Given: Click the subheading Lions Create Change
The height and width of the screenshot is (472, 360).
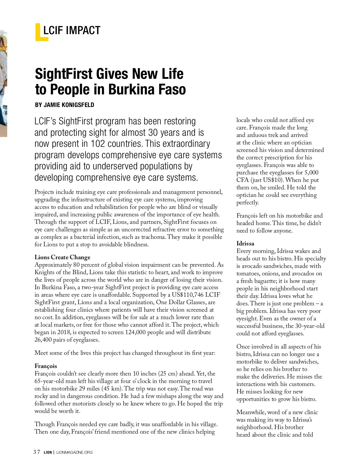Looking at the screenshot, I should pyautogui.click(x=62, y=257).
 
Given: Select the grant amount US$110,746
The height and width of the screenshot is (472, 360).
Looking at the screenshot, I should pyautogui.click(x=188, y=295).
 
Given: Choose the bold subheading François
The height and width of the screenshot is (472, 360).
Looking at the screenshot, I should pyautogui.click(x=46, y=366).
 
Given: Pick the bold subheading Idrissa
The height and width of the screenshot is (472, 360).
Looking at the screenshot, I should pyautogui.click(x=245, y=244).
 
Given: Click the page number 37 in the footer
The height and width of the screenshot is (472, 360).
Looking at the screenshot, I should pyautogui.click(x=37, y=452).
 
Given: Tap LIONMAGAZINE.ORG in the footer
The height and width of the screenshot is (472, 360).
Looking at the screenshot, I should pyautogui.click(x=74, y=453).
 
